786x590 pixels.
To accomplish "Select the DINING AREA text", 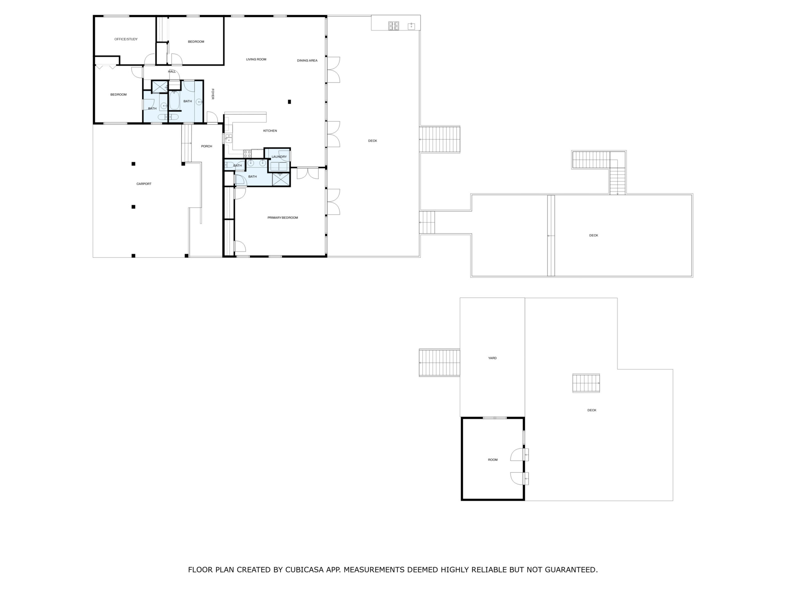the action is (307, 61).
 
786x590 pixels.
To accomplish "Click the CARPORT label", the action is (144, 184).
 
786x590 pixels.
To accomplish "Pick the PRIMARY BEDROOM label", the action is (282, 218).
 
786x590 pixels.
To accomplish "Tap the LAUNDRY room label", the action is (279, 157).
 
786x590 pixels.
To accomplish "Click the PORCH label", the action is (207, 146).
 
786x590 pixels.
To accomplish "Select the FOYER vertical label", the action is (213, 94).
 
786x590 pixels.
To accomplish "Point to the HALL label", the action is (172, 72).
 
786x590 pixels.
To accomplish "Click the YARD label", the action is (492, 358).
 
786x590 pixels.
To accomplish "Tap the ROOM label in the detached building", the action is (493, 460).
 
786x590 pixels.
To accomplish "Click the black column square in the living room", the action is (289, 102).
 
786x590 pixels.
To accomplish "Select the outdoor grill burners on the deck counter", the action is (393, 26).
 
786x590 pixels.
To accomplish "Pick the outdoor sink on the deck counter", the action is (411, 26).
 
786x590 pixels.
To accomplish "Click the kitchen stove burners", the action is (247, 154).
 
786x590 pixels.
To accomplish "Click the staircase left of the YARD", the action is (440, 363).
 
